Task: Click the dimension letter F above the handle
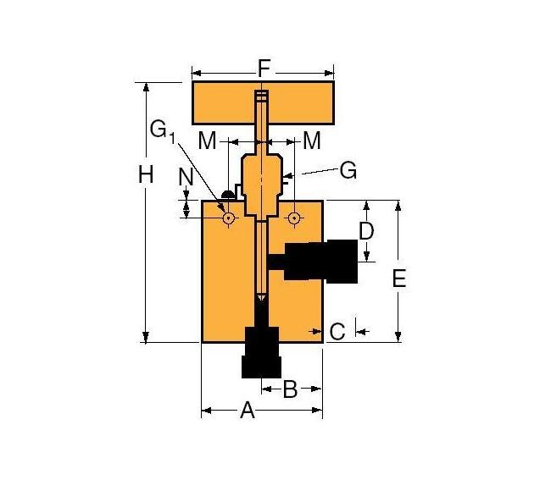point(264,68)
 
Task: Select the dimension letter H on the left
point(146,175)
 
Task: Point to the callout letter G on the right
point(348,170)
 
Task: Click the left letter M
point(208,140)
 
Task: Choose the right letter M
point(311,140)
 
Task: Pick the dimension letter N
point(188,177)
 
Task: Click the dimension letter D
point(366,230)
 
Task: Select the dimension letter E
point(399,278)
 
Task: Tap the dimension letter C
point(337,332)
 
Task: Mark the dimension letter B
point(289,389)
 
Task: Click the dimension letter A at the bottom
point(248,411)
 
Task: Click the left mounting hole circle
point(228,218)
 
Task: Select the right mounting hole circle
point(293,218)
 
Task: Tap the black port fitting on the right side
point(322,261)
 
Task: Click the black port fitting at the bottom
point(261,351)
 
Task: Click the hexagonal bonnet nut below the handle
point(261,179)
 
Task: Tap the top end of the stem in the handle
point(261,94)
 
